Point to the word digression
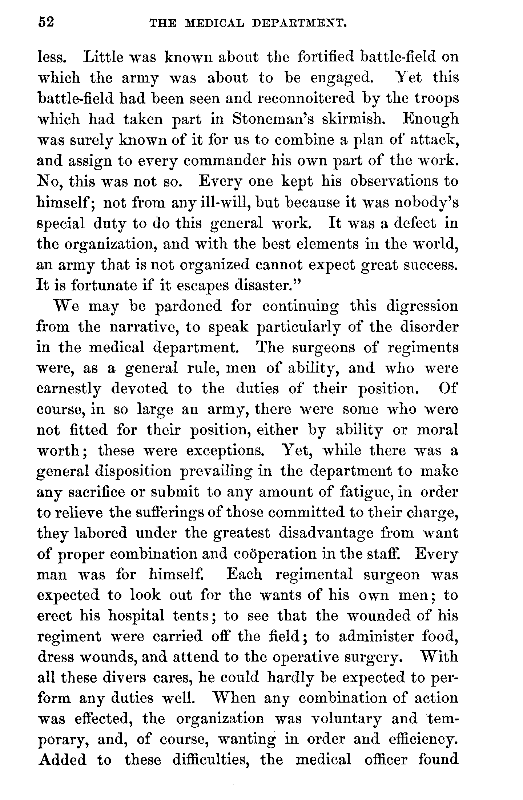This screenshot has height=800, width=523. coord(422,306)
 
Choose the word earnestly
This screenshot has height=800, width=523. coord(69,389)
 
